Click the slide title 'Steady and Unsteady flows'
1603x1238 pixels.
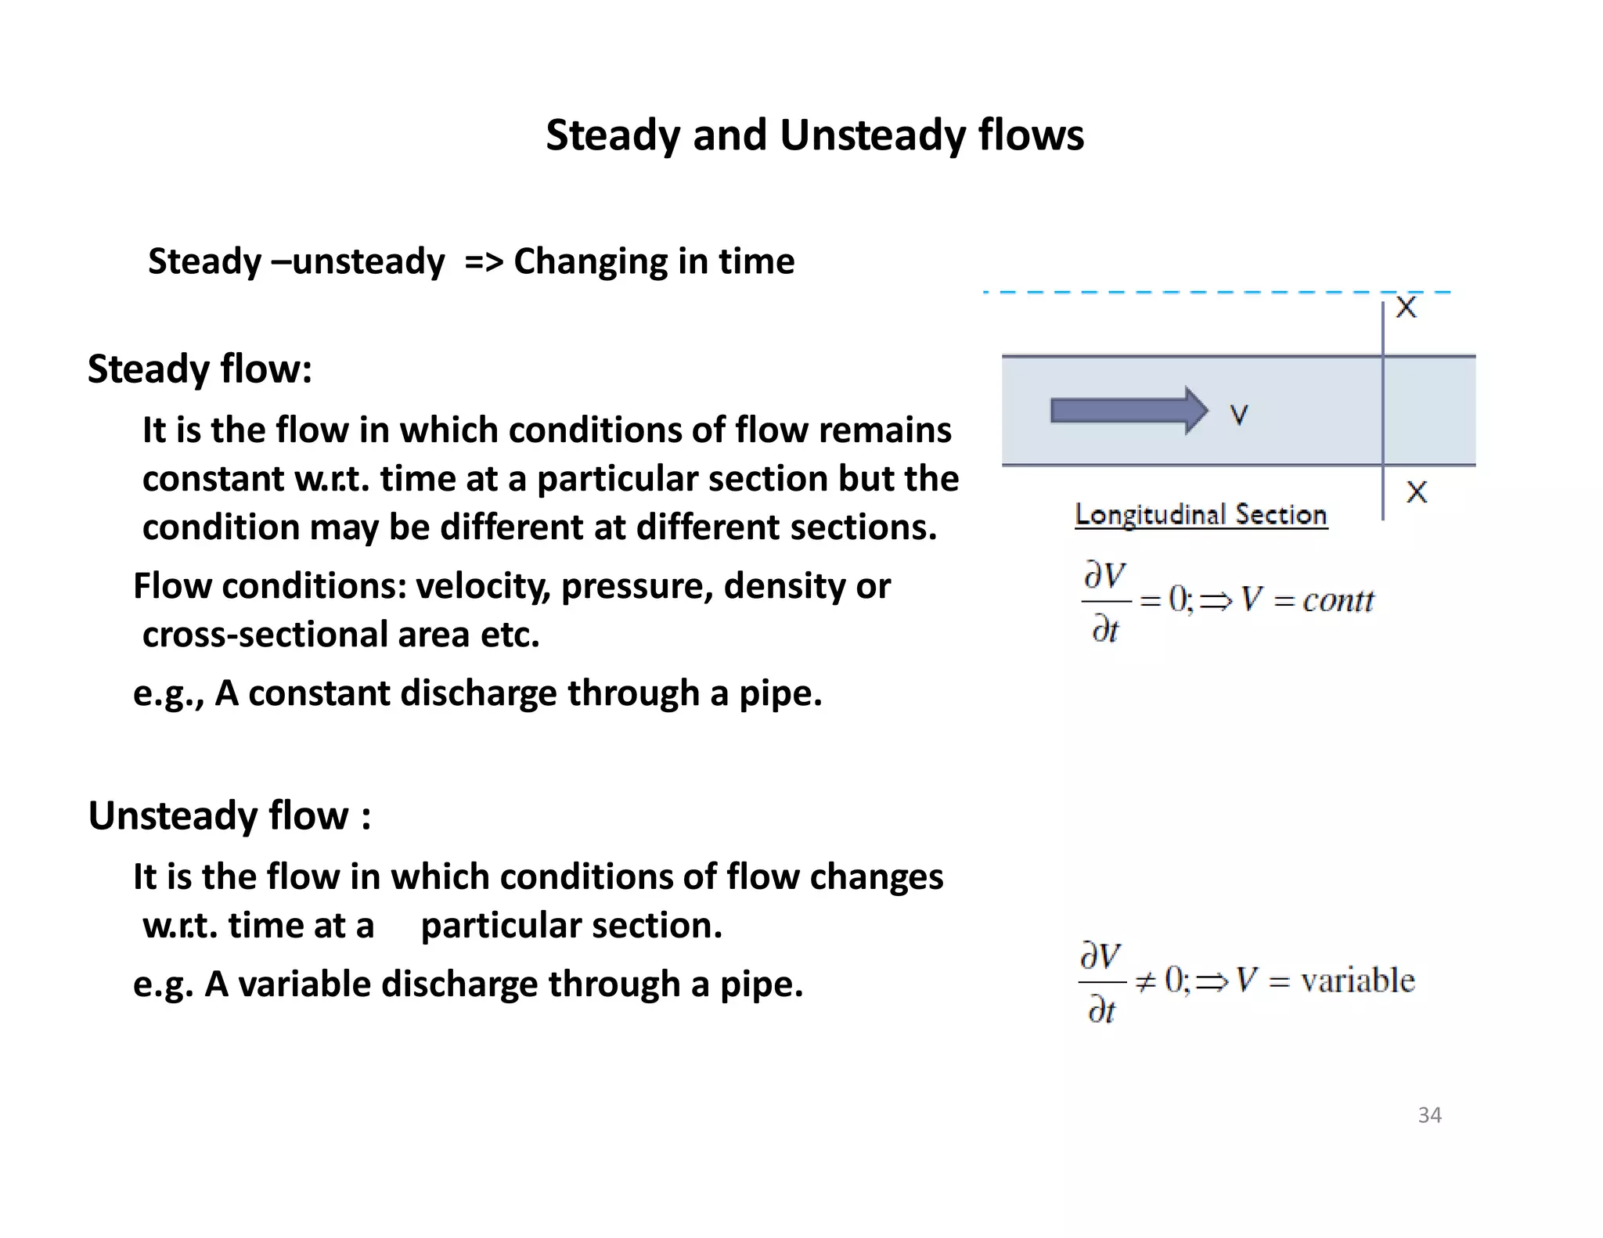(814, 135)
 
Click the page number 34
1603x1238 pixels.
(1429, 1115)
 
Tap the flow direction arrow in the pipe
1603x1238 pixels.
(1128, 410)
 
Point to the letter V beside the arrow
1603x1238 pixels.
(1238, 414)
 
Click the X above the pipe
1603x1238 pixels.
(1407, 308)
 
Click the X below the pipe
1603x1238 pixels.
(1417, 492)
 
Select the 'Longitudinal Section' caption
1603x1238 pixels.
(1201, 515)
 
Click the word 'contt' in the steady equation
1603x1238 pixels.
(1338, 601)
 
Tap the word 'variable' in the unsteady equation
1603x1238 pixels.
(1357, 981)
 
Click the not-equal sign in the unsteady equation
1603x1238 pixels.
(1145, 981)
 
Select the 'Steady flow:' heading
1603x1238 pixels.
(200, 369)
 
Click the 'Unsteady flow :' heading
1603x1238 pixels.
(229, 816)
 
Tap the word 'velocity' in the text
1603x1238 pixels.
(482, 586)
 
